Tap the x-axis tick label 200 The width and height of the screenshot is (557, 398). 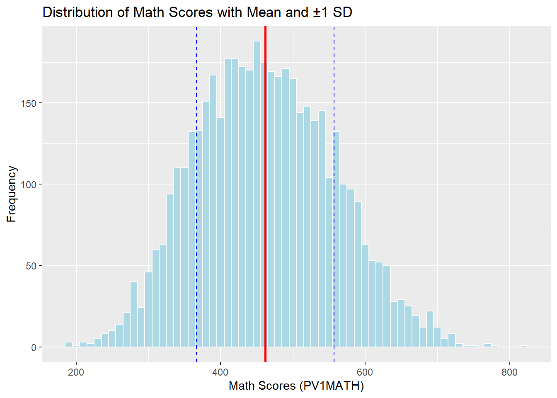(76, 372)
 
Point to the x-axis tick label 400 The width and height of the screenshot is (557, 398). (220, 372)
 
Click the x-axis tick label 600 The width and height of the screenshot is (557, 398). (365, 372)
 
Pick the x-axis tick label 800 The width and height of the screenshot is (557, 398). (509, 372)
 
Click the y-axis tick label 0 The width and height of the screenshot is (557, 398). (34, 347)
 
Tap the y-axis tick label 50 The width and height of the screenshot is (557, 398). (31, 266)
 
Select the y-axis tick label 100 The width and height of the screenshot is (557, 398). (29, 184)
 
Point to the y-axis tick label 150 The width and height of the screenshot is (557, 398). (29, 103)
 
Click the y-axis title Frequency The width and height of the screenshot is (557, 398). (12, 194)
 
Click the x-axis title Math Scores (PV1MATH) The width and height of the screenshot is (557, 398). (296, 386)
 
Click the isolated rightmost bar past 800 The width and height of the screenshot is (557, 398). (524, 346)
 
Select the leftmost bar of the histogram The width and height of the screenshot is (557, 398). (69, 345)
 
